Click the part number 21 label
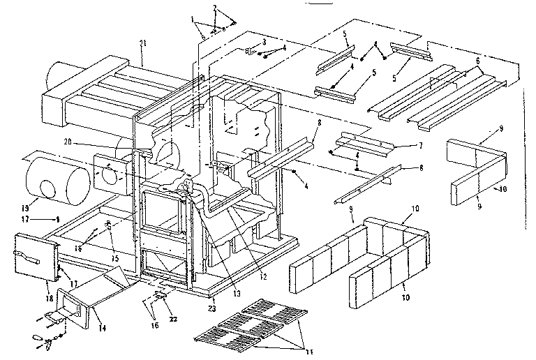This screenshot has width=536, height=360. (143, 43)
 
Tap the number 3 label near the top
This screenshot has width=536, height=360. (264, 43)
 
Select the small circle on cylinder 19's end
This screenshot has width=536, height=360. (47, 188)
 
